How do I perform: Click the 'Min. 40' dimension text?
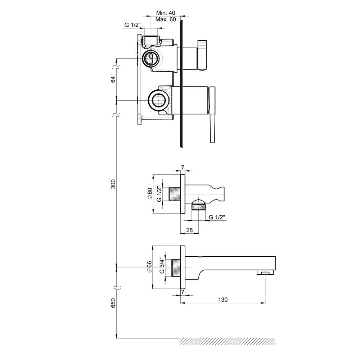[166, 13]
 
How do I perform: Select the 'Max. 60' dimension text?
[166, 19]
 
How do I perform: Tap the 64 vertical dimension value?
[113, 80]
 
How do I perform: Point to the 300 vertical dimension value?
[113, 184]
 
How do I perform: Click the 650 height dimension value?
[113, 303]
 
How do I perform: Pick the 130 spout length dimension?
[223, 300]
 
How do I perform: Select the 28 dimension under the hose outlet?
[189, 230]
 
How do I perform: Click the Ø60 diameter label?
[150, 194]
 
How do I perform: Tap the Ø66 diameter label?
[149, 267]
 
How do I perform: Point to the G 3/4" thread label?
[162, 265]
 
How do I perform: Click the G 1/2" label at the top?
[132, 25]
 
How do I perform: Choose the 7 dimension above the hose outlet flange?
[183, 168]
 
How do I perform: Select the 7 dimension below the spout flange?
[183, 292]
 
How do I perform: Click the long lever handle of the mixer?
[212, 115]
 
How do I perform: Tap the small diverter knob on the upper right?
[202, 55]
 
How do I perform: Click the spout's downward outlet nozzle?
[266, 273]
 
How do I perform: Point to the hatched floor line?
[228, 341]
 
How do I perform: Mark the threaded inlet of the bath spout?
[176, 268]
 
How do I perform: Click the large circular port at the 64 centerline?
[159, 100]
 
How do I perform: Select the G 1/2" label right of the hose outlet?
[216, 217]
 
